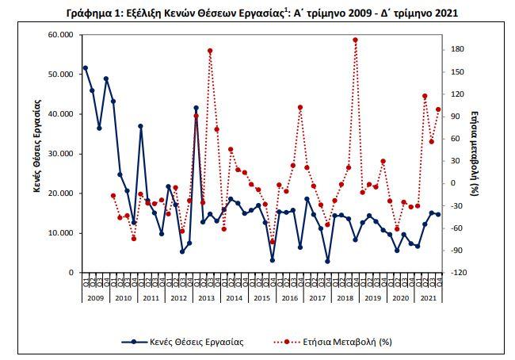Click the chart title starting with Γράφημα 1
(x=257, y=13)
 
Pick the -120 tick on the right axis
(x=457, y=273)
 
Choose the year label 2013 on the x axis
(x=206, y=297)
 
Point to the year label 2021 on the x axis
(x=427, y=297)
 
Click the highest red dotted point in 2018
(x=355, y=40)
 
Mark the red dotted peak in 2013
(x=210, y=51)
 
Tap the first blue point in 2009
(x=86, y=68)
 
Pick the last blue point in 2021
(x=438, y=214)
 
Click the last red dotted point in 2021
(x=438, y=109)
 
